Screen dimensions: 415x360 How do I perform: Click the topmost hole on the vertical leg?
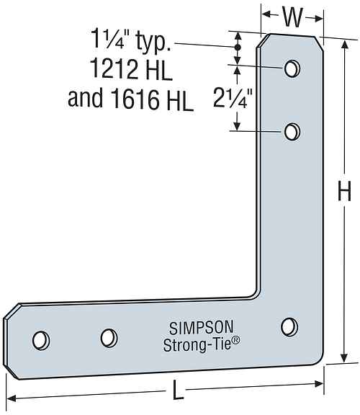pyautogui.click(x=292, y=68)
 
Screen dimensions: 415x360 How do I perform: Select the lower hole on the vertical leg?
pyautogui.click(x=292, y=131)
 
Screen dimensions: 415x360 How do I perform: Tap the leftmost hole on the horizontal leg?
pyautogui.click(x=41, y=338)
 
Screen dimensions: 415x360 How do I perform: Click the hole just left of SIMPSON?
pyautogui.click(x=108, y=336)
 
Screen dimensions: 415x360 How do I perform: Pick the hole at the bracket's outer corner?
pyautogui.click(x=290, y=326)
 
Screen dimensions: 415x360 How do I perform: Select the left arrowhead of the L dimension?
pyautogui.click(x=12, y=398)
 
